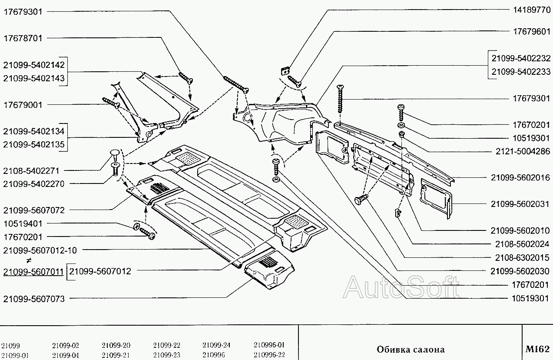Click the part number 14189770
point(532,10)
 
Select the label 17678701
point(23,38)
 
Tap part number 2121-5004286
point(523,151)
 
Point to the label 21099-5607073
point(34,299)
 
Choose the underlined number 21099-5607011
point(33,272)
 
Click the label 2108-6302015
point(522,258)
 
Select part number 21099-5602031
point(520,204)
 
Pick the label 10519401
point(23,223)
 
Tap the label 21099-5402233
point(521,72)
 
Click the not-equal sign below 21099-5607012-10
point(29,260)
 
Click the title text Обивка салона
point(411,350)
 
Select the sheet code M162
point(538,349)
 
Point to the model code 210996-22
point(269,355)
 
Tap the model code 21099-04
point(66,355)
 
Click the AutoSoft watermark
point(401,287)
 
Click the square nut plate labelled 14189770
point(285,71)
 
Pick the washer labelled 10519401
point(136,226)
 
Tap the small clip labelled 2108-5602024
point(398,213)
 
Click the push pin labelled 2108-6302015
point(361,199)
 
